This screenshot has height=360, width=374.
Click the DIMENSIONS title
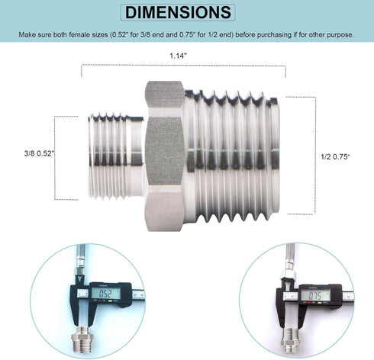178,12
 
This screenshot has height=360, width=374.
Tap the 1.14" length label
178,56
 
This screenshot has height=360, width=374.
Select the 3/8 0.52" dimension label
40,153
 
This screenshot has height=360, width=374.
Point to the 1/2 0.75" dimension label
335,156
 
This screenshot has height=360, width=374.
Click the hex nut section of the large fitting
165,156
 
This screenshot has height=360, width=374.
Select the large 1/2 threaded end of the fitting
232,156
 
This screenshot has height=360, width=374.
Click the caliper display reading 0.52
105,294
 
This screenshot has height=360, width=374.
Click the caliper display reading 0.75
315,295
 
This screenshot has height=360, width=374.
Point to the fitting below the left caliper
81,339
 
